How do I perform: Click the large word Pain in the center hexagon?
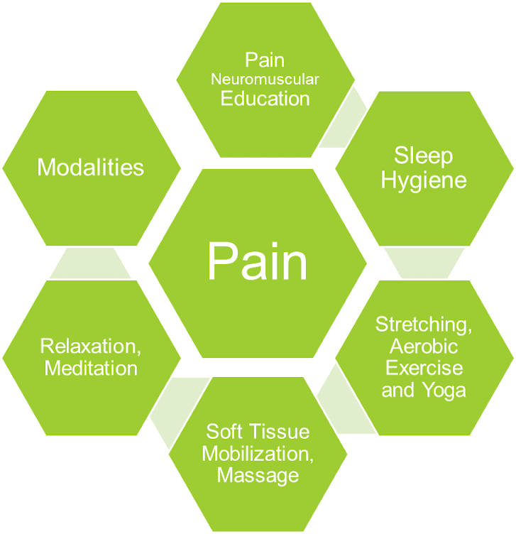pos(258,261)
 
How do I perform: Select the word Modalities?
pos(90,168)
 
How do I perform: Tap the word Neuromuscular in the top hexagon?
pos(265,80)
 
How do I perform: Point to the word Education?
pos(265,98)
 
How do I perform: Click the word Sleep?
pos(423,156)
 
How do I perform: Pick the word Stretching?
pos(423,325)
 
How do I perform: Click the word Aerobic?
pos(424,347)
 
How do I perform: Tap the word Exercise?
pos(424,369)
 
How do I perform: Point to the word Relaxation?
pos(89,346)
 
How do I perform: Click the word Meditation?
pos(91,368)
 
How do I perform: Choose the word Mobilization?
pos(258,453)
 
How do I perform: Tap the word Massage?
pos(258,475)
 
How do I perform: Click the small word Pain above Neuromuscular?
pos(265,60)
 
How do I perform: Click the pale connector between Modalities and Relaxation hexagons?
pos(90,263)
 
